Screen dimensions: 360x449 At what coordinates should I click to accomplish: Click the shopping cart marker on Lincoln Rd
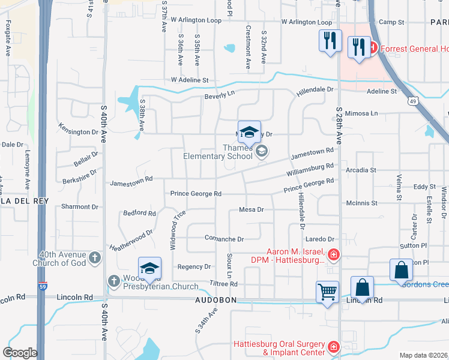(327, 293)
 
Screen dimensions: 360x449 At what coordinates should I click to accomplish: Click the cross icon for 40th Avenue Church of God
(94, 258)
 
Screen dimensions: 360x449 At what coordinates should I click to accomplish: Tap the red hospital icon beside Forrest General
(373, 46)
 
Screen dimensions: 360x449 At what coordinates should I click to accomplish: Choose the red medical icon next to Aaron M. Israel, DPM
(334, 256)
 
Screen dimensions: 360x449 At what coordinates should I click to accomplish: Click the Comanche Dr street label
(224, 239)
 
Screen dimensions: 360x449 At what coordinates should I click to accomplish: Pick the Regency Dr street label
(194, 266)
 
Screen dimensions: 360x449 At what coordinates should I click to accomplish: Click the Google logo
(19, 353)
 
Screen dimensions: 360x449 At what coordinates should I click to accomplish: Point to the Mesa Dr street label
(252, 209)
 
